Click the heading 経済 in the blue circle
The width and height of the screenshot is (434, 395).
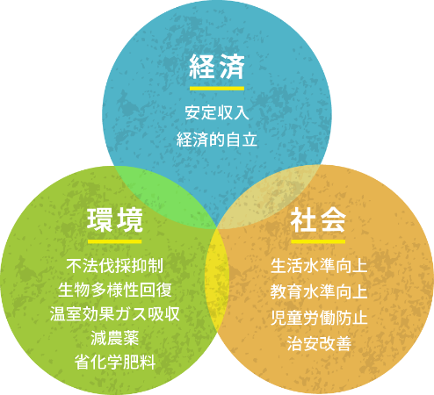coord(217,67)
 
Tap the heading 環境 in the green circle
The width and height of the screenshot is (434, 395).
coord(115,220)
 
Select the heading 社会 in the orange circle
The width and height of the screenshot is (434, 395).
coord(318,220)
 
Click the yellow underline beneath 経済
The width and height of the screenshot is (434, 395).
coord(217,89)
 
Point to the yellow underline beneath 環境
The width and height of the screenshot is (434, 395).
coord(115,241)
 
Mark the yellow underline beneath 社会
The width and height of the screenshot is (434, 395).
coord(318,241)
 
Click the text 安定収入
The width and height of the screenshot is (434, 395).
coord(217,112)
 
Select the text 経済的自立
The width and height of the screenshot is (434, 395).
coord(217,140)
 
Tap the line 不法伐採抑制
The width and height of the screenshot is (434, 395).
coord(115,266)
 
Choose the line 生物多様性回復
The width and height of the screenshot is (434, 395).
coord(115,290)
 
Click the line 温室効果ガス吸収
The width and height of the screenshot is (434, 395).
coord(115,314)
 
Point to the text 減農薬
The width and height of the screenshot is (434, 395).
coord(115,338)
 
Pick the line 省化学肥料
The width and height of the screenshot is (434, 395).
coord(115,363)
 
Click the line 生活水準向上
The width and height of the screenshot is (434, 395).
coord(319,266)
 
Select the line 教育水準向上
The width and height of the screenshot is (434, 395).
coord(319,291)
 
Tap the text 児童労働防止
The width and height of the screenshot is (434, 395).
coord(319,318)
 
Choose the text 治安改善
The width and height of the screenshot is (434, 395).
coord(319,343)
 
